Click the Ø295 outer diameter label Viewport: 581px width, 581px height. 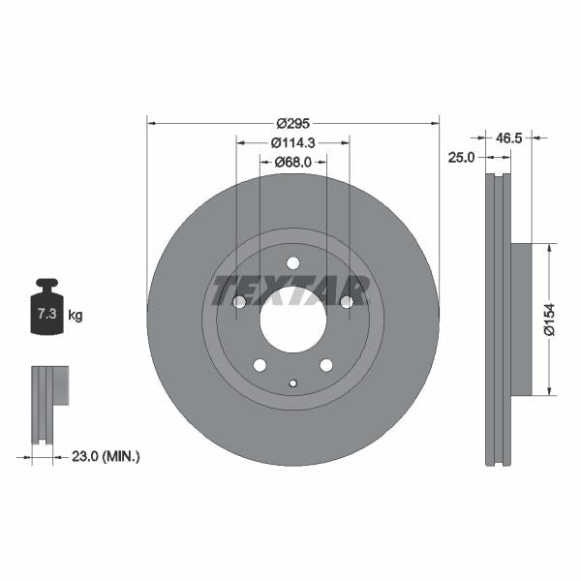point(292,123)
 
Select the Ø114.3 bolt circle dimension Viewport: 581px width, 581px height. point(292,142)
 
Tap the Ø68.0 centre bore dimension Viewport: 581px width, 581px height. point(292,162)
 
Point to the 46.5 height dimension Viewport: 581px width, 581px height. point(509,138)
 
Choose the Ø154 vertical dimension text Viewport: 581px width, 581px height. point(549,319)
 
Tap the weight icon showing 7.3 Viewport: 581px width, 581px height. point(46,309)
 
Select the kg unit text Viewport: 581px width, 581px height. point(76,316)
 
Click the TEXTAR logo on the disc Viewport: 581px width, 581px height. point(291,290)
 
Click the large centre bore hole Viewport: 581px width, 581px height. point(292,320)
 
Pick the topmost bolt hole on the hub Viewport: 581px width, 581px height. point(292,263)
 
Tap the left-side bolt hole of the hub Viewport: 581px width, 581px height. point(239,302)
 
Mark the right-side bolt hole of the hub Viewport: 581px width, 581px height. point(346,302)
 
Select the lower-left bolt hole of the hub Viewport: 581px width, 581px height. point(260,364)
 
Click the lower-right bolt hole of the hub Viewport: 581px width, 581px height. point(325,364)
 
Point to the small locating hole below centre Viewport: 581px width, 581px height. point(292,382)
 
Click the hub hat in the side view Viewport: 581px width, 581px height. point(521,319)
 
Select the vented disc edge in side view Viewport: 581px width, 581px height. point(498,320)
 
